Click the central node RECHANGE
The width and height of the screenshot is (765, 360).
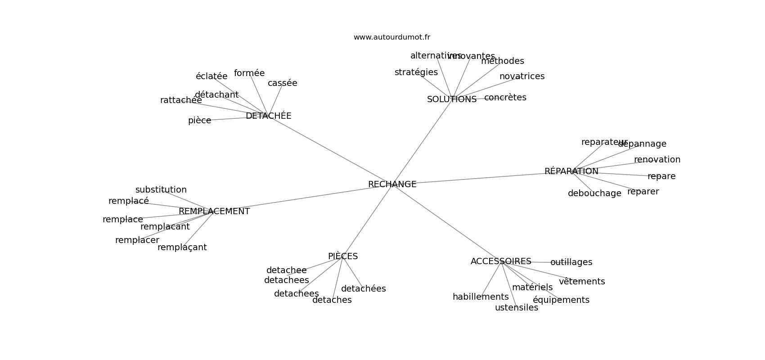point(392,184)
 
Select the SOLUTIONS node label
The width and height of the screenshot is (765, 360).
point(451,99)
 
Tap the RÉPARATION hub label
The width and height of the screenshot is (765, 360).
point(571,171)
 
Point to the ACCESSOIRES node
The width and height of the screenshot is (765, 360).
point(501,261)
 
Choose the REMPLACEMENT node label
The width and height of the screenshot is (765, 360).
point(214,211)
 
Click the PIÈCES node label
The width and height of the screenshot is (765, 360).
point(342,256)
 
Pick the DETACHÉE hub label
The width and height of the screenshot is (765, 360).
point(268,116)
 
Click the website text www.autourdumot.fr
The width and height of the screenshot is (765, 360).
point(391,37)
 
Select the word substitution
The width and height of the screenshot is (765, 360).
point(161,190)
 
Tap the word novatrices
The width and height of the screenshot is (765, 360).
point(522,76)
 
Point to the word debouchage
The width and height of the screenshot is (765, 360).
point(594,193)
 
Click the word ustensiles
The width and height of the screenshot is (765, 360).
point(516,308)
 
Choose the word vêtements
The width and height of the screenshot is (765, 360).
point(581,282)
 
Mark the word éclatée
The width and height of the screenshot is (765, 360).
point(211,76)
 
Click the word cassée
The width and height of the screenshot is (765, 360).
point(282,83)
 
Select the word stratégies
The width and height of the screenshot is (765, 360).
point(416,72)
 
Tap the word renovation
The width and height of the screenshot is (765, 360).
point(657,160)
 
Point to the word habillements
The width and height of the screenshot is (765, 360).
point(480,297)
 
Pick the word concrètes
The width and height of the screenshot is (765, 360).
point(505,98)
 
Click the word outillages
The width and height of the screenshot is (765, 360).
point(571,262)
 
